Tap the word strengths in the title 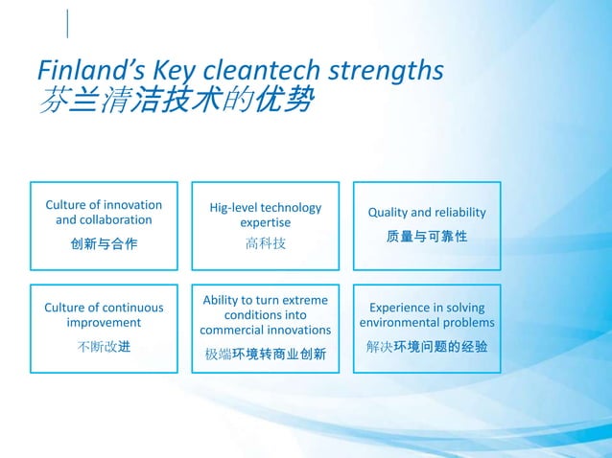[388, 71]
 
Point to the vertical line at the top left [68, 23]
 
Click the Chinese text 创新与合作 [104, 244]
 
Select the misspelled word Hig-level [238, 208]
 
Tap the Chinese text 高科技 [266, 244]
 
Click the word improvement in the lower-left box [104, 323]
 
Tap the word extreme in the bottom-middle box [300, 300]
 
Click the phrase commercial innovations [266, 330]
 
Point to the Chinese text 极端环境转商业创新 [266, 355]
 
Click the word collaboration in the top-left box [104, 220]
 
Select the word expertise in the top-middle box [266, 222]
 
